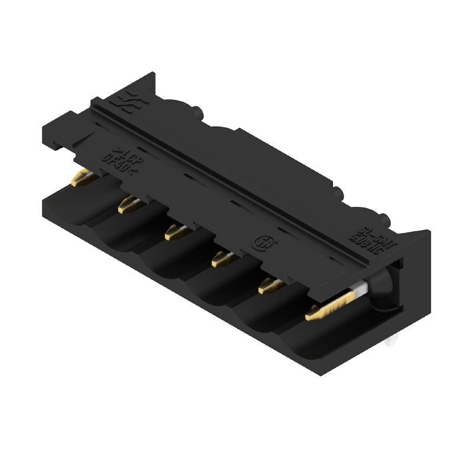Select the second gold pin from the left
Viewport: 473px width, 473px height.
point(128,205)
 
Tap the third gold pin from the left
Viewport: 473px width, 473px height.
point(175,232)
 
